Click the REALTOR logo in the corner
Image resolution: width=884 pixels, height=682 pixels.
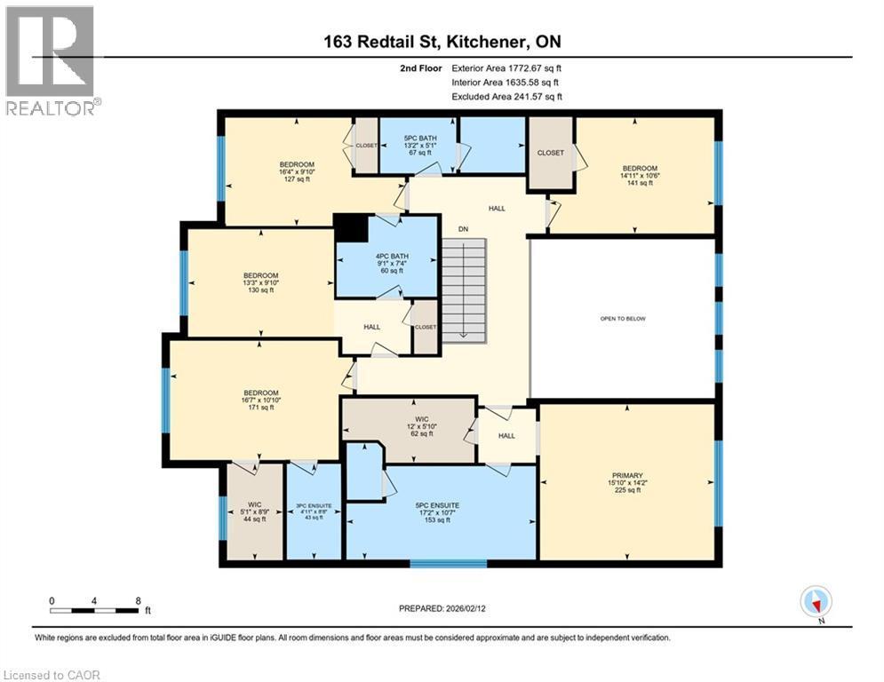tap(51, 59)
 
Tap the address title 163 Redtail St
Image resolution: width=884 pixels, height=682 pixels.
tap(442, 42)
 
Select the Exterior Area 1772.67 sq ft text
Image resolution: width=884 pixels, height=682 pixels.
tap(506, 67)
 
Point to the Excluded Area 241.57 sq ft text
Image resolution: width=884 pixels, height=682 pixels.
tap(506, 97)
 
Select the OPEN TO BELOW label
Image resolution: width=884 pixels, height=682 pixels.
tap(621, 318)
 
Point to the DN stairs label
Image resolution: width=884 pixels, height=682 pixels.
tap(463, 229)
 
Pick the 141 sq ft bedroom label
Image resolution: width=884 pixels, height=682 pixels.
tap(640, 175)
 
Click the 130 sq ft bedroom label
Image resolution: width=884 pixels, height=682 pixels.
tap(261, 282)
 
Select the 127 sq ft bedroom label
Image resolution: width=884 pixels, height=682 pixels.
tap(297, 171)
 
